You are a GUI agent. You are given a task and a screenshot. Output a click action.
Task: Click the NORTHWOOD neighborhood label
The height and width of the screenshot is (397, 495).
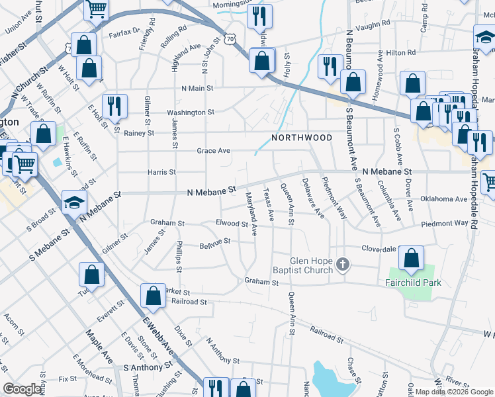tap(302, 138)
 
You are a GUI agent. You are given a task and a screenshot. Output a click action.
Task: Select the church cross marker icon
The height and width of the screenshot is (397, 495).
tap(342, 265)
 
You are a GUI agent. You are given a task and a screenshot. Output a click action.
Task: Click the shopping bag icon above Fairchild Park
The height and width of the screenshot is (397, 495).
tap(412, 259)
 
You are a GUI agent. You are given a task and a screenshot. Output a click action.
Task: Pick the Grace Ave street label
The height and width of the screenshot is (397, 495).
tap(213, 151)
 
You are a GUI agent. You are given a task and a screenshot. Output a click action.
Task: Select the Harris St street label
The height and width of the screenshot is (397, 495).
tap(162, 172)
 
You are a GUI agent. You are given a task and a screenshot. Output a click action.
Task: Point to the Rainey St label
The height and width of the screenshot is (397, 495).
tap(139, 133)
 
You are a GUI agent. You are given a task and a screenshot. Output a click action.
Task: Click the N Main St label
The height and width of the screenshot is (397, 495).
tap(198, 87)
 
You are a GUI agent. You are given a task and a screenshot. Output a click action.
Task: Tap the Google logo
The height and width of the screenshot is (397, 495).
tap(22, 389)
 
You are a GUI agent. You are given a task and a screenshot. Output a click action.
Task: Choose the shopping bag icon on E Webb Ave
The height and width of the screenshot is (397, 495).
tap(154, 296)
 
